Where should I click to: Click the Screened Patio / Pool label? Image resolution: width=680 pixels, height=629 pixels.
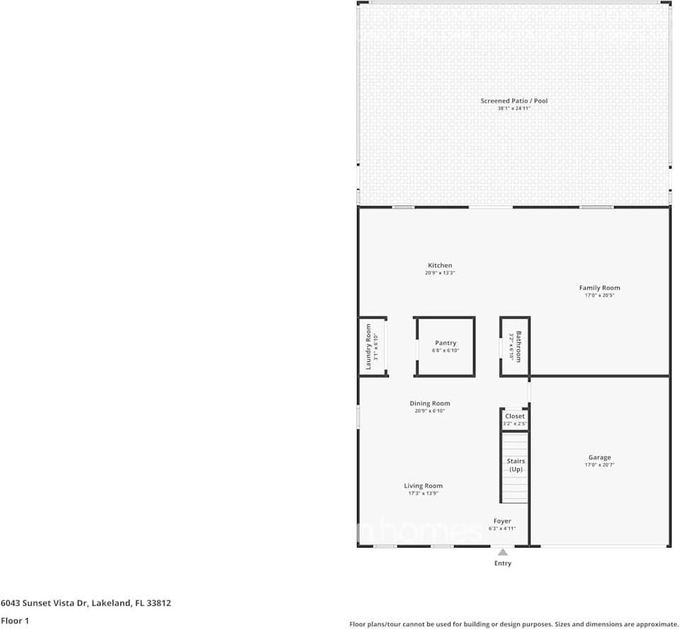tap(514, 101)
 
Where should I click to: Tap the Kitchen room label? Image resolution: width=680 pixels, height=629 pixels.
tap(440, 266)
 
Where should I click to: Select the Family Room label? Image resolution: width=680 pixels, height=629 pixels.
tap(599, 288)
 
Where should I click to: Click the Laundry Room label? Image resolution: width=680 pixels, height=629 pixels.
tap(368, 347)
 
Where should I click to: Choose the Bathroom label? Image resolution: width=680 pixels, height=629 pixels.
tap(518, 346)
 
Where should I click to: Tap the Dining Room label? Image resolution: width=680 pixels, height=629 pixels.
tap(429, 404)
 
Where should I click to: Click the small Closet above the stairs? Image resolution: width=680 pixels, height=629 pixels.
tap(515, 416)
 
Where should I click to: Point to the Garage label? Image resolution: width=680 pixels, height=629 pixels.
tap(599, 458)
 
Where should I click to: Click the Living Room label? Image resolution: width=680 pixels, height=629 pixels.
tap(423, 486)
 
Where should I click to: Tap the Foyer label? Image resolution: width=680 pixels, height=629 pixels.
tap(502, 521)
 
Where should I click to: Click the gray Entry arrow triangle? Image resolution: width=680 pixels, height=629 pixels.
tap(502, 552)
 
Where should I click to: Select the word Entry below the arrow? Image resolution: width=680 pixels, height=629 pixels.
tap(502, 564)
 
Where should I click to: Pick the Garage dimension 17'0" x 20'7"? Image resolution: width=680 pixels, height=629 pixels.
tap(599, 465)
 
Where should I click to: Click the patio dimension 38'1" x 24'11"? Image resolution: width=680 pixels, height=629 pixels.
tap(514, 108)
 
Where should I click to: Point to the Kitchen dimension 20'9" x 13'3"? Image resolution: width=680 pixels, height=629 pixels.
tap(440, 273)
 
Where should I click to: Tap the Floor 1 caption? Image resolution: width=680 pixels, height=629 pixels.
tap(15, 620)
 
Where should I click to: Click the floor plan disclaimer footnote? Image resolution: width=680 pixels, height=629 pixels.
tap(514, 624)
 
